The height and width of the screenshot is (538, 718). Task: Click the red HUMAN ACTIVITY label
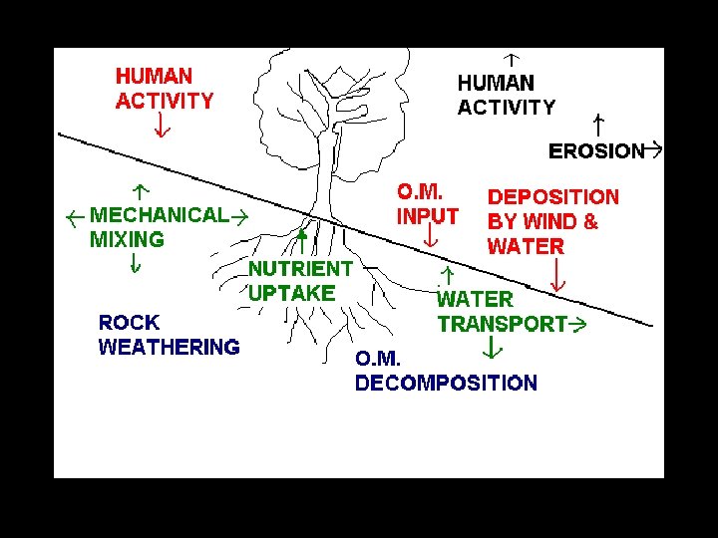click(x=165, y=88)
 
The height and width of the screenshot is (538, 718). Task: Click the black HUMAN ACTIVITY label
click(x=506, y=96)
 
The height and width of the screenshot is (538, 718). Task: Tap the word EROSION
click(x=596, y=151)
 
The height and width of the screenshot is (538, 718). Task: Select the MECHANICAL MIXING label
click(x=158, y=227)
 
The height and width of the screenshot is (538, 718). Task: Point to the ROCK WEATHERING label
click(x=169, y=335)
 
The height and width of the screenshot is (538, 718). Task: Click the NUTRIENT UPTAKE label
click(x=299, y=281)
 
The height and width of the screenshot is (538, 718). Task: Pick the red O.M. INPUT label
click(x=428, y=203)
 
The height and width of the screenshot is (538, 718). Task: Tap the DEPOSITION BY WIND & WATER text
click(x=552, y=222)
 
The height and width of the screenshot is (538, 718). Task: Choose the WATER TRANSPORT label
click(x=502, y=311)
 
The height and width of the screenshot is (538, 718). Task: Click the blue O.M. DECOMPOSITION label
click(x=446, y=371)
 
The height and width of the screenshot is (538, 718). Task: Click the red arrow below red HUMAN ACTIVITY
click(x=162, y=126)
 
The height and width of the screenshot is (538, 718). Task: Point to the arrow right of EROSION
click(x=654, y=150)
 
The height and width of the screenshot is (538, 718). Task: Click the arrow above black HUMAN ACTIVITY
click(x=513, y=61)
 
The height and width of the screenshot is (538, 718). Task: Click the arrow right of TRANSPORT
click(x=576, y=325)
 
